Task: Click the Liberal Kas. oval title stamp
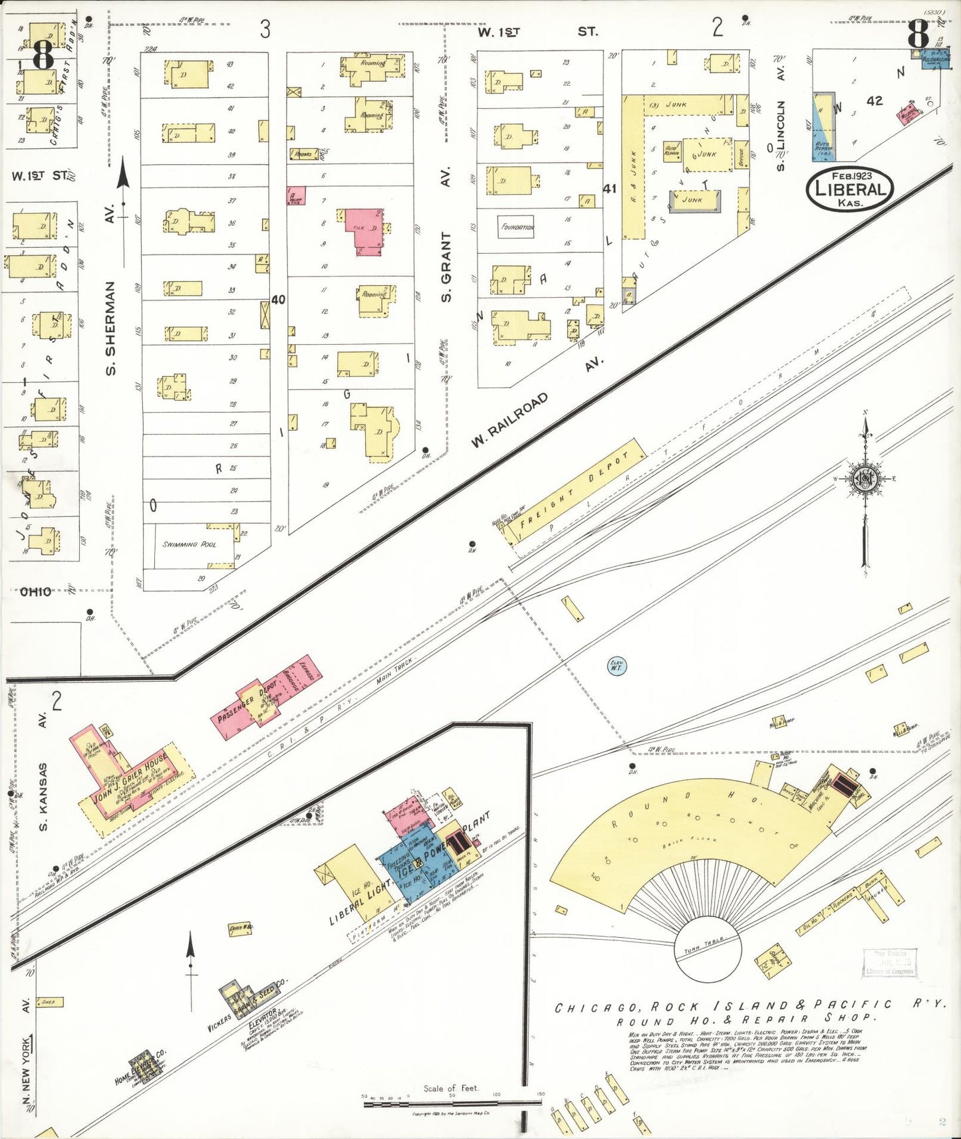coord(849,189)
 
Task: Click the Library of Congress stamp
coord(890,963)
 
